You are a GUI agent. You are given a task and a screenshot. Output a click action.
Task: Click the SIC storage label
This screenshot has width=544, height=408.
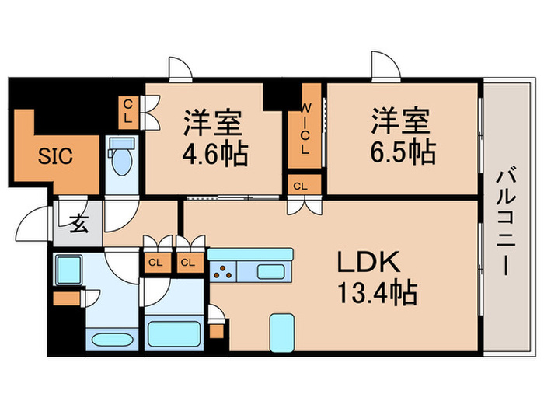pyautogui.click(x=55, y=155)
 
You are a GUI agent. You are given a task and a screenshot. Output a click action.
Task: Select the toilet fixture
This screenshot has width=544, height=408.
pyautogui.click(x=121, y=159)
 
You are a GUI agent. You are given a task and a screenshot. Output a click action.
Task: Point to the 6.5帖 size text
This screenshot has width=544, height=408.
pyautogui.click(x=402, y=150)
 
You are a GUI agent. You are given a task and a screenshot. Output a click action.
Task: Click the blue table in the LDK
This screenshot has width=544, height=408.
pyautogui.click(x=281, y=332)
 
